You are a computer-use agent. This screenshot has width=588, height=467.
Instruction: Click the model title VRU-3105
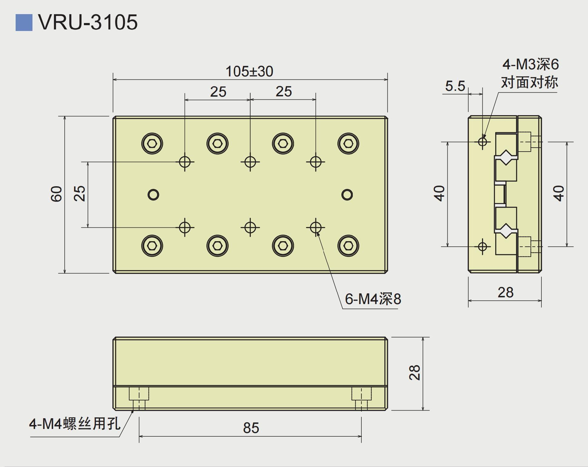tap(88, 22)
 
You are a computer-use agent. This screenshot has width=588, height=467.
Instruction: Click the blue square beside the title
tap(24, 22)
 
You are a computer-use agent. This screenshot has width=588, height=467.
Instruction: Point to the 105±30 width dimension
tap(249, 71)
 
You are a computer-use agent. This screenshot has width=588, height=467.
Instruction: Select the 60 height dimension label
tap(56, 194)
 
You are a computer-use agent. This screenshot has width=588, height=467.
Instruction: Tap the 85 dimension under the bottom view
tap(251, 428)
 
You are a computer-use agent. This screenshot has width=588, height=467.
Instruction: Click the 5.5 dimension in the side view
tap(455, 86)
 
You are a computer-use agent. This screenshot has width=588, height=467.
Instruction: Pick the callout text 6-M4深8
tap(373, 299)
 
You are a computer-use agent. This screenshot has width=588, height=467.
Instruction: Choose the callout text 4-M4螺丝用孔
tap(75, 424)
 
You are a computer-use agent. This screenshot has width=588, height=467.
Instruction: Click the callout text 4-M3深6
tap(530, 64)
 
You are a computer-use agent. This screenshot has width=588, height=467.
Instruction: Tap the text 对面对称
tap(530, 82)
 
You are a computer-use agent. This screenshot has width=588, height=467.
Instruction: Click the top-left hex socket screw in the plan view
tap(152, 143)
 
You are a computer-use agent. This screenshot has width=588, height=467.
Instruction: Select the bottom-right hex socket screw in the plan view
tap(348, 246)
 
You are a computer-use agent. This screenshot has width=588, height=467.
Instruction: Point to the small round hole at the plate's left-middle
tap(153, 195)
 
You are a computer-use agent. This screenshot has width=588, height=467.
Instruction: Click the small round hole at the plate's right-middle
tap(347, 195)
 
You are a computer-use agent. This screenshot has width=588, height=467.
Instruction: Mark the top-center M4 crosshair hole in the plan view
tap(250, 162)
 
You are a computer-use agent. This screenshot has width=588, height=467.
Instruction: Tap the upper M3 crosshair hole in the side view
tap(483, 142)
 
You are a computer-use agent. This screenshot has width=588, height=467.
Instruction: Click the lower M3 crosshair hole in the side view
tap(483, 246)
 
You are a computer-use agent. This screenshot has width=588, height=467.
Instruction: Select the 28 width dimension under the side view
tap(505, 292)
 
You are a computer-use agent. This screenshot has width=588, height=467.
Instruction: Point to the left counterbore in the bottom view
tap(139, 394)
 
